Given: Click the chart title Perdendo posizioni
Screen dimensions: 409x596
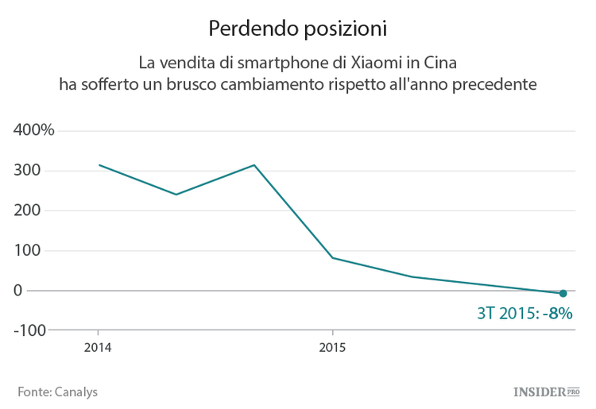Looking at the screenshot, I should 297,29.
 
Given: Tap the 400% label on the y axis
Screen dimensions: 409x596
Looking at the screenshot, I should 33,130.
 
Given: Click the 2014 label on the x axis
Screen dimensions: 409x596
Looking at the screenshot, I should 98,347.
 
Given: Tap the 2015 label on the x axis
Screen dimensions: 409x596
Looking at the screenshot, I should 332,347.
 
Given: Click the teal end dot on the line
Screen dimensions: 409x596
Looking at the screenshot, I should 563,294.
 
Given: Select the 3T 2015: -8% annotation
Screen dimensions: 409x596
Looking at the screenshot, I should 524,313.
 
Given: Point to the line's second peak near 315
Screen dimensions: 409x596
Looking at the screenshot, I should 254,165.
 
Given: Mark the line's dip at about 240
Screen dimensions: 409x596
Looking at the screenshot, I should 176,195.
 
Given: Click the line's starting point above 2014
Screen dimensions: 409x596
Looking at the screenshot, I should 99,165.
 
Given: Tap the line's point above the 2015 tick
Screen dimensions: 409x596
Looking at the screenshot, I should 332,258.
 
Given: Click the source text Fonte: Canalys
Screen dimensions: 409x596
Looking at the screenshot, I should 57,392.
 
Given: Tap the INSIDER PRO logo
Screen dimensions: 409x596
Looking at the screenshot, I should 547,392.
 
